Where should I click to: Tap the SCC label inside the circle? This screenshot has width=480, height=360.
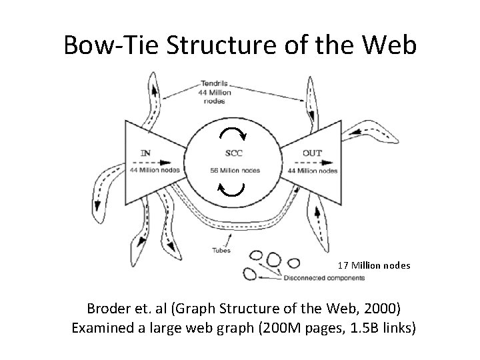coord(234,153)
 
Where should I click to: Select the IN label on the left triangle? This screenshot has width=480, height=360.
coord(145,153)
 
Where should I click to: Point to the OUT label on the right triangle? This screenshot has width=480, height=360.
coord(312,153)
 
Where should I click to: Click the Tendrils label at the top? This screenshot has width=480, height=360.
coord(214,84)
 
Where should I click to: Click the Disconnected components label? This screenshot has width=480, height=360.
coord(318,277)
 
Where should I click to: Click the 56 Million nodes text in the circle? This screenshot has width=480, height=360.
coord(234,170)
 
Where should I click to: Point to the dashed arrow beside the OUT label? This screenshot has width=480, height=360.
coord(291,161)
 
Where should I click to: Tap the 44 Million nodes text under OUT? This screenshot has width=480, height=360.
coord(312,170)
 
